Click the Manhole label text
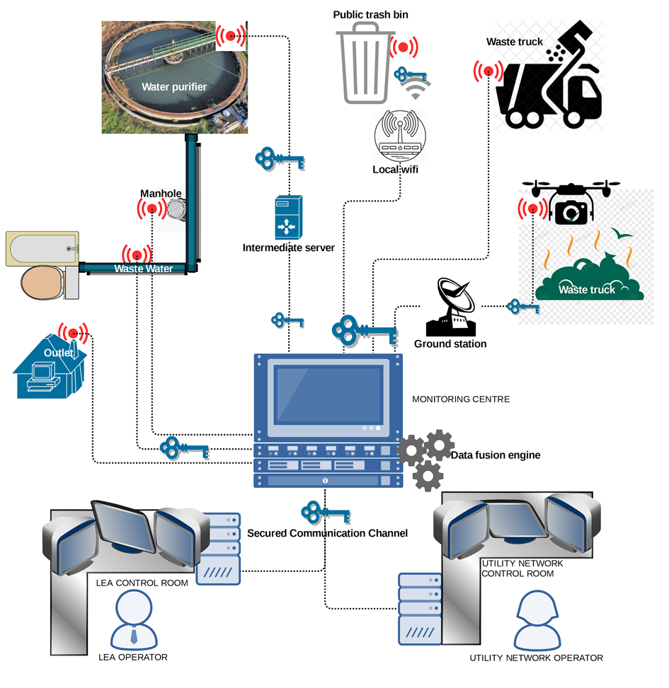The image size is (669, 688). click(x=161, y=194)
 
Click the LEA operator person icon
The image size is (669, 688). click(x=133, y=619)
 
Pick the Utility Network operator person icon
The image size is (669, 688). click(x=536, y=619)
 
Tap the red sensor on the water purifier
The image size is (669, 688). click(x=230, y=36)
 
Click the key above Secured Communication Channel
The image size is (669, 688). click(x=325, y=512)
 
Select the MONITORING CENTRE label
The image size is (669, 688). click(x=460, y=400)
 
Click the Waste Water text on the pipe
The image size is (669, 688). click(x=144, y=269)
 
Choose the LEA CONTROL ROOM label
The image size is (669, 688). click(x=142, y=583)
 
